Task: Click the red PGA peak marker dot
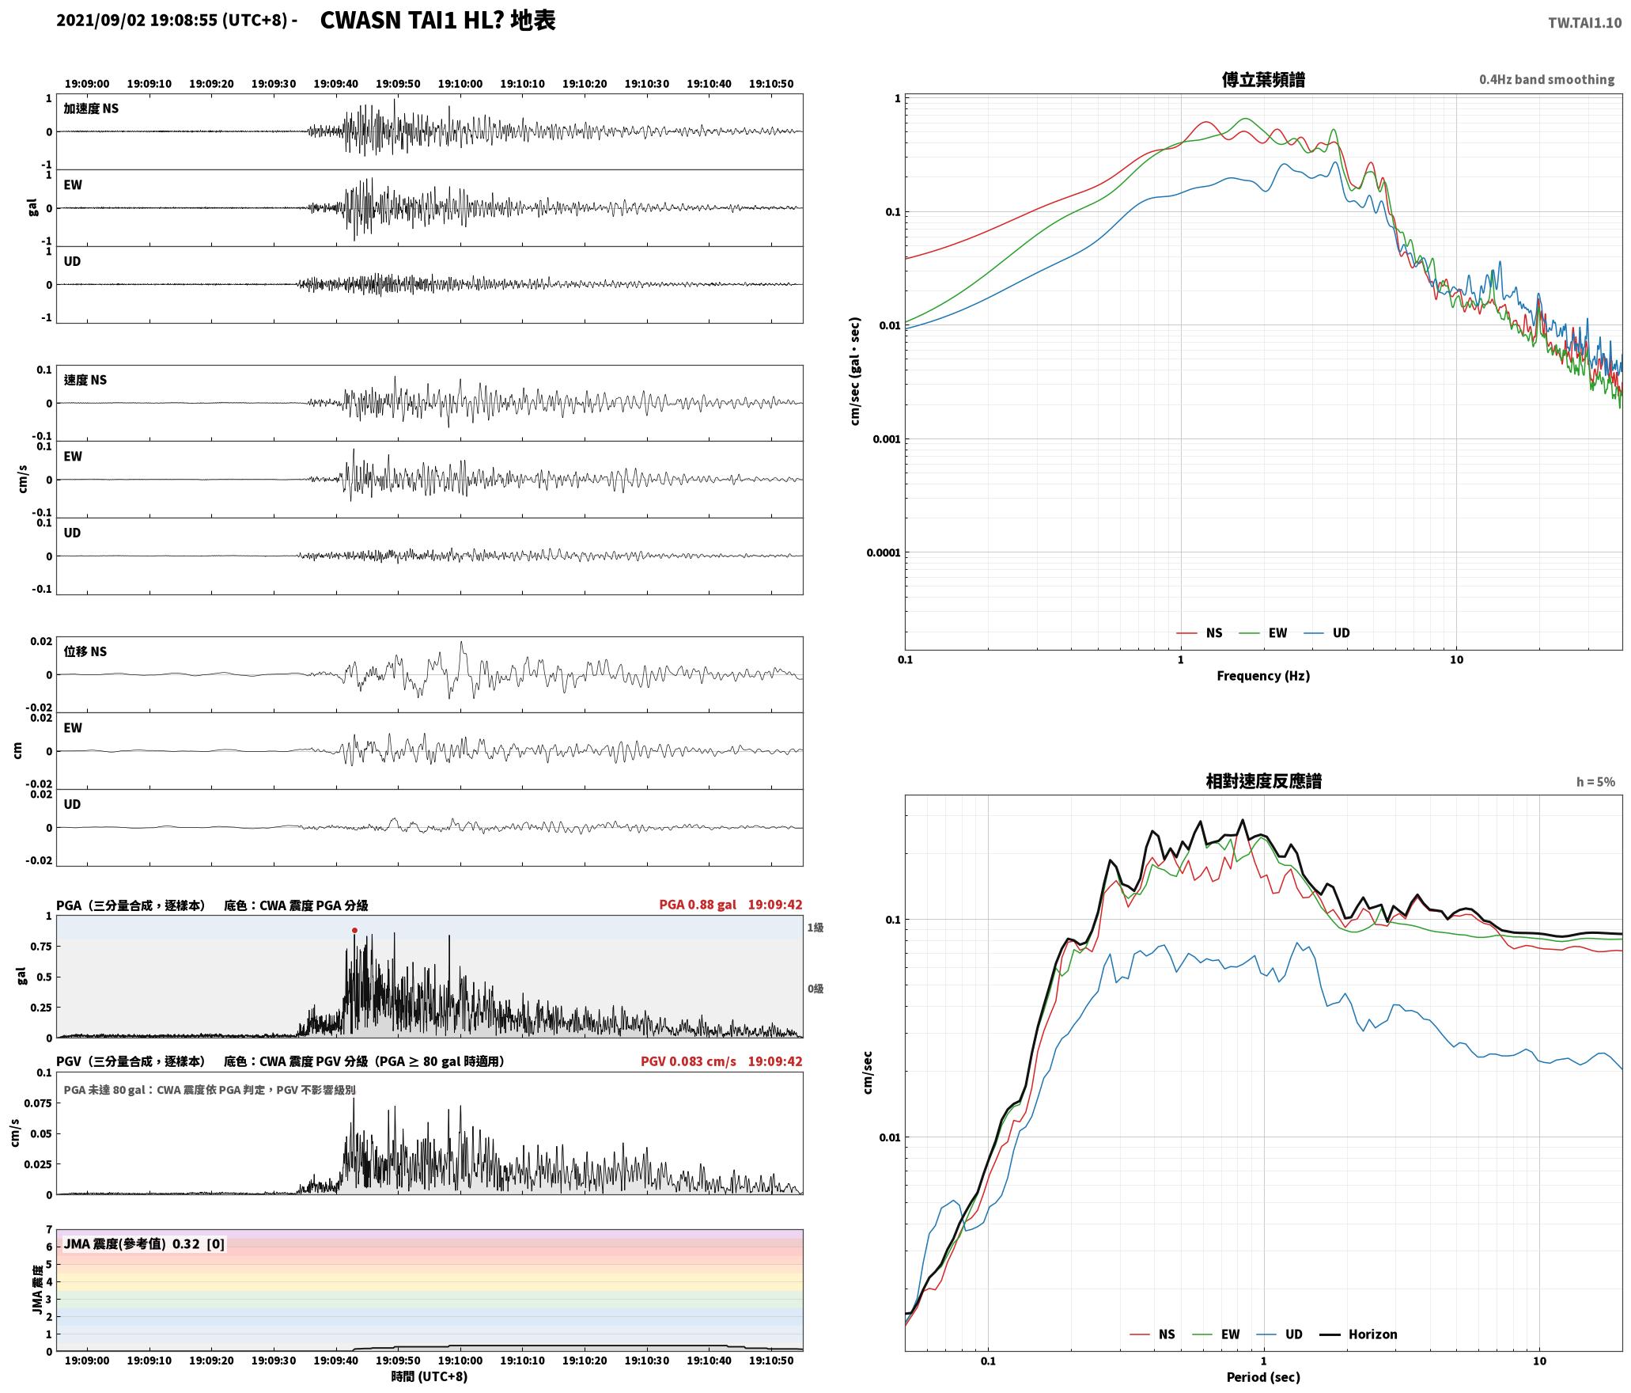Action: click(354, 930)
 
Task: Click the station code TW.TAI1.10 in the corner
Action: click(1584, 23)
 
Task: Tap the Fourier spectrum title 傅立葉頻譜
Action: click(1263, 79)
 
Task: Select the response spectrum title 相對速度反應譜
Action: click(1263, 780)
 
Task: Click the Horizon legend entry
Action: click(1359, 1334)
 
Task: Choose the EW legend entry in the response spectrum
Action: click(1216, 1334)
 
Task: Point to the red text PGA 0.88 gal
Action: click(697, 905)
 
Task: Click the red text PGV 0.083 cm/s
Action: click(688, 1061)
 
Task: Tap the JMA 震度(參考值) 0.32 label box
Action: click(144, 1243)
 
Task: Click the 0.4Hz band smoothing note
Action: click(1546, 79)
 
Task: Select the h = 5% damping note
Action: click(1595, 781)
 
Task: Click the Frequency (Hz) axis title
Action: click(1262, 675)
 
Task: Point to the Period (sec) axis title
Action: click(1262, 1376)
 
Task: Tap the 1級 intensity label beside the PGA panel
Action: click(815, 927)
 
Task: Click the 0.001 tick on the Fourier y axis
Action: click(886, 439)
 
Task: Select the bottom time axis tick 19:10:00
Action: click(460, 1360)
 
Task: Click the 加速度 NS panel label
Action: click(91, 108)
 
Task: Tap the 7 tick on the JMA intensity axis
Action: click(49, 1229)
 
